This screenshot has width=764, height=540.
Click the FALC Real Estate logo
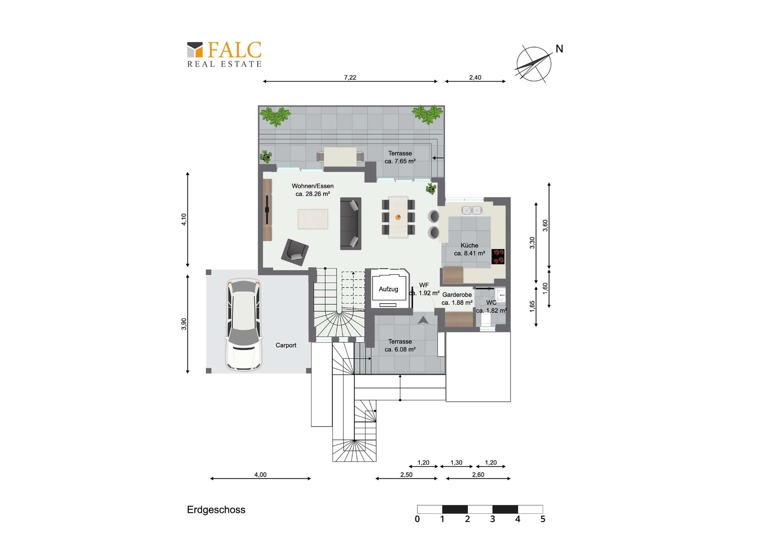tap(224, 55)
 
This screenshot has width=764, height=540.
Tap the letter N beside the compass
tap(559, 49)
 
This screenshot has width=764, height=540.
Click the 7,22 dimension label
tap(350, 77)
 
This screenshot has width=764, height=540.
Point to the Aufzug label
tap(388, 289)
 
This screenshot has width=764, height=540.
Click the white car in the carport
tap(244, 325)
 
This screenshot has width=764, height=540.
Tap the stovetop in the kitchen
tap(498, 257)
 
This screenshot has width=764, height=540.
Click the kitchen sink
tap(472, 210)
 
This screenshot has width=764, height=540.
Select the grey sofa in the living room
tap(351, 224)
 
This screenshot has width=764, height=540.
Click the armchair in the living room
tap(294, 252)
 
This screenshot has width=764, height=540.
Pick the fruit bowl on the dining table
tap(398, 217)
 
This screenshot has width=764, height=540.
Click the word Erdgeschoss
tap(216, 510)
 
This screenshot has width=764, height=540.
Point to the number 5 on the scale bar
tap(543, 519)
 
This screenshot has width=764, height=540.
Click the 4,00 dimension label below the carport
tap(260, 475)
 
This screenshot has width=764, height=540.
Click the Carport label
tap(286, 345)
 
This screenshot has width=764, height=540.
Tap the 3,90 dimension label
tap(184, 324)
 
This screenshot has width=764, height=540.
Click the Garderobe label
tap(457, 295)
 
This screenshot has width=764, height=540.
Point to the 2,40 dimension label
tap(475, 77)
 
